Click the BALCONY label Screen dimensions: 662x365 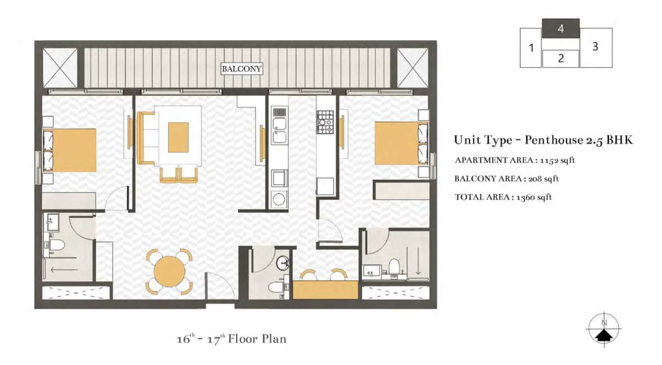pyautogui.click(x=242, y=69)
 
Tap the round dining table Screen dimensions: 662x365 pyautogui.click(x=170, y=271)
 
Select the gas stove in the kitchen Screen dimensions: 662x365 pyautogui.click(x=325, y=122)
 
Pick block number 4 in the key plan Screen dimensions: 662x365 pyautogui.click(x=560, y=28)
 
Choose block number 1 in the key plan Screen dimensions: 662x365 pyautogui.click(x=531, y=48)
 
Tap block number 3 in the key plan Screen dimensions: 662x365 pyautogui.click(x=596, y=47)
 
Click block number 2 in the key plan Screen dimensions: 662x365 pyautogui.click(x=560, y=58)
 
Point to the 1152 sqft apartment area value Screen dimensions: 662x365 pyautogui.click(x=557, y=160)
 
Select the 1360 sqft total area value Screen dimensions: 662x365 pyautogui.click(x=534, y=197)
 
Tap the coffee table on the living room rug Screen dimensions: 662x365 pyautogui.click(x=178, y=137)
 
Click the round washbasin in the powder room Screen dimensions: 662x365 pyautogui.click(x=283, y=263)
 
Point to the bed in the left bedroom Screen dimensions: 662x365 pyautogui.click(x=70, y=150)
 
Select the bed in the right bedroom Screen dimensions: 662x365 pyautogui.click(x=402, y=143)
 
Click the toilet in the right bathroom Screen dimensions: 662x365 pyautogui.click(x=394, y=267)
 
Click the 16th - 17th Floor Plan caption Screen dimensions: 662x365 pyautogui.click(x=232, y=339)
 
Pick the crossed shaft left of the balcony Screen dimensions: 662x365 pyautogui.click(x=60, y=68)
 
